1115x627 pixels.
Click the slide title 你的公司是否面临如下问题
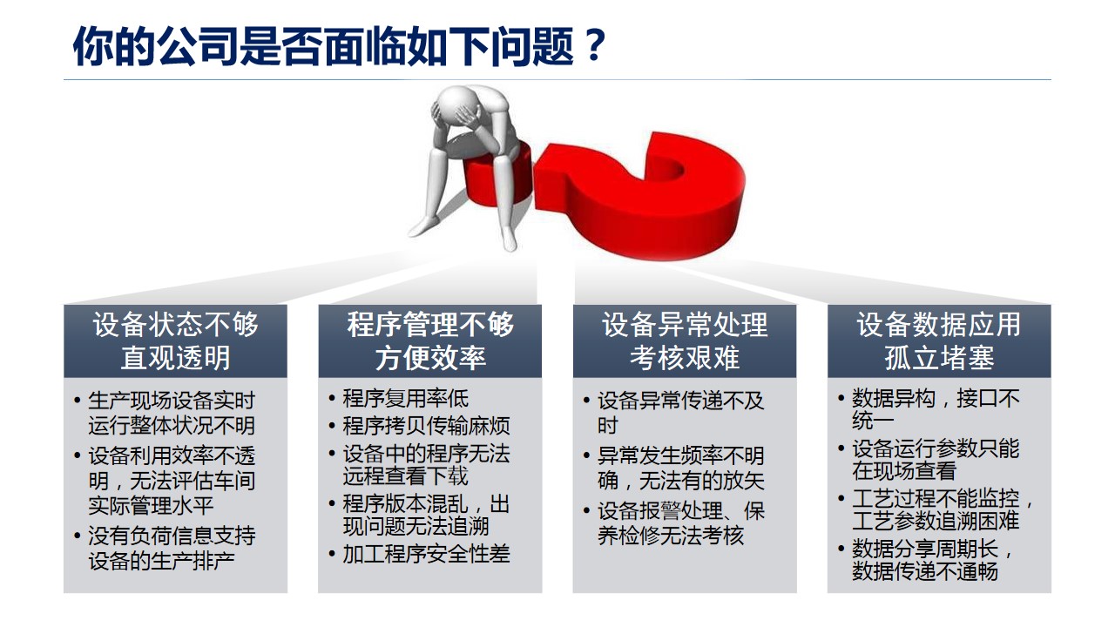point(323,47)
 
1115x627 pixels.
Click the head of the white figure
point(456,104)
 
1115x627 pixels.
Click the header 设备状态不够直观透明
point(175,340)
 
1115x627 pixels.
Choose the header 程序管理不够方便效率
point(430,340)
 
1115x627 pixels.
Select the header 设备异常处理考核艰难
point(685,340)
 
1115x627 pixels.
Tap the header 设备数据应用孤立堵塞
point(939,340)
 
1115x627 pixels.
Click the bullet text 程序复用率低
point(405,399)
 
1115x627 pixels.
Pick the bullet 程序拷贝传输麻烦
point(426,426)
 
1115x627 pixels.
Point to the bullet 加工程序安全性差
point(426,554)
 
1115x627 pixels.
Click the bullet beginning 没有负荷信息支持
point(172,549)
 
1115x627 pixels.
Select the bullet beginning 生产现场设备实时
point(172,413)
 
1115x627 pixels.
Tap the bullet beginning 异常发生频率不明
point(681,469)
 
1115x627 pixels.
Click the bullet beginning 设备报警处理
point(681,523)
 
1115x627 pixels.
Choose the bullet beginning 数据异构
point(936,409)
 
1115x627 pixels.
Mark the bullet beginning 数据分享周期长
point(932,560)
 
